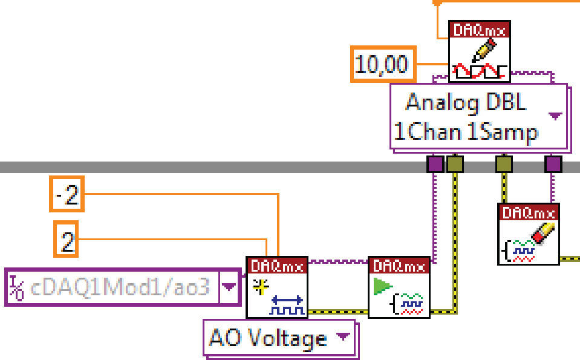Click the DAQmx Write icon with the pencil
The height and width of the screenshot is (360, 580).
[x=479, y=51]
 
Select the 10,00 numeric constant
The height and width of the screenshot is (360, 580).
[x=381, y=64]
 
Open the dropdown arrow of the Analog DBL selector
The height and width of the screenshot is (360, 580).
[x=555, y=116]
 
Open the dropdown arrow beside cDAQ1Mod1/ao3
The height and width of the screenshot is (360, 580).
[x=228, y=286]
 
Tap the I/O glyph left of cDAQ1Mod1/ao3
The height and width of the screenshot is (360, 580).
[x=16, y=287]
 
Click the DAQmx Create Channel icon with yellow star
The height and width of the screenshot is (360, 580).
[x=277, y=287]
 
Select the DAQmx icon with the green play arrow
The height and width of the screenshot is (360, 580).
[x=399, y=287]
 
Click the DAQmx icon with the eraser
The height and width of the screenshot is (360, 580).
[x=528, y=234]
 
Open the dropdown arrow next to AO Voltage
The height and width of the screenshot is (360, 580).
[x=342, y=336]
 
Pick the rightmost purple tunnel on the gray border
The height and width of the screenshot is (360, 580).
[x=552, y=163]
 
